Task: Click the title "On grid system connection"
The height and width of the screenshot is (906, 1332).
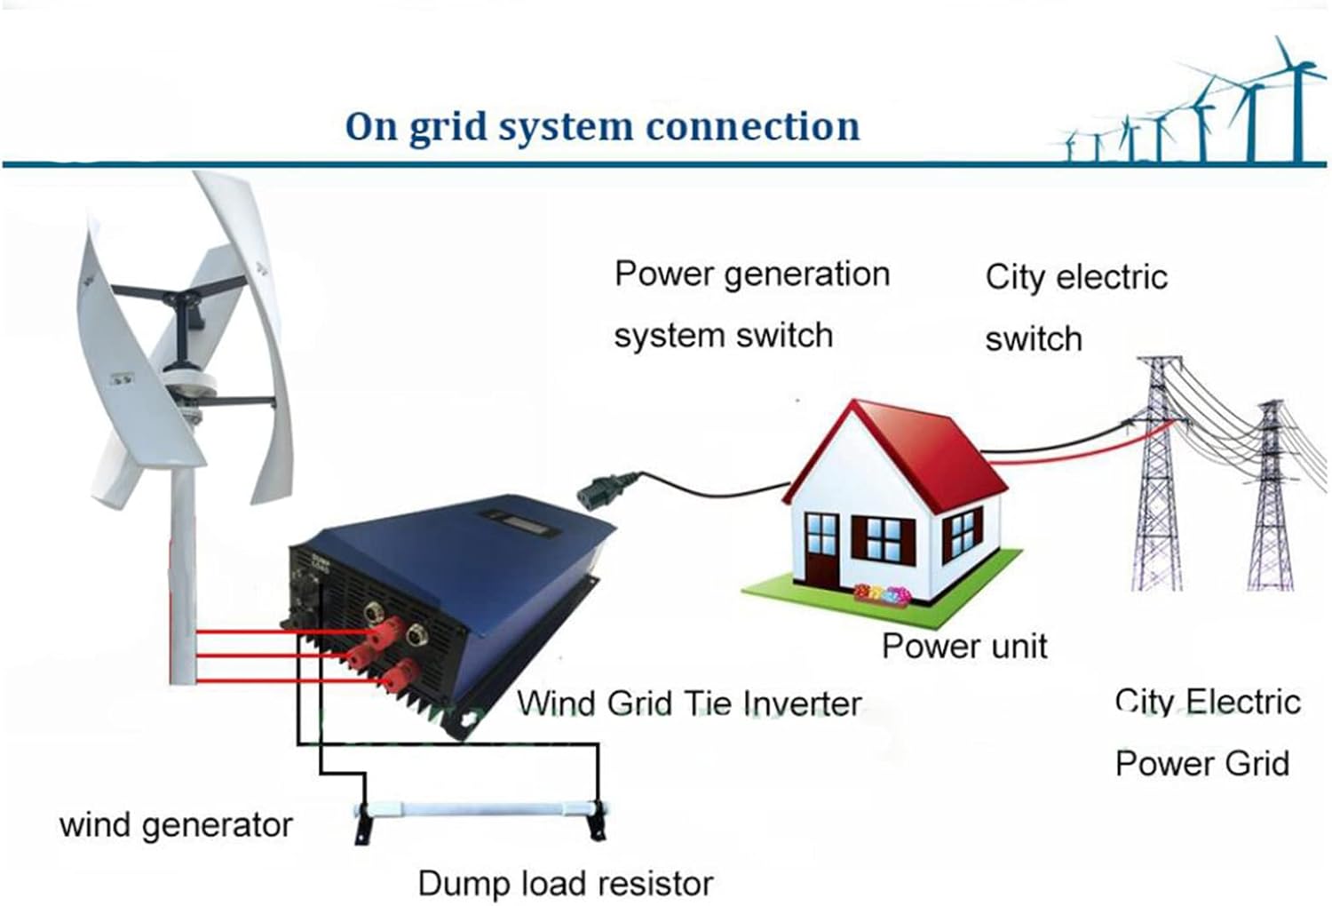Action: click(x=602, y=126)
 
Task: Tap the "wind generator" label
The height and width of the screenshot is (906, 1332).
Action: click(x=176, y=825)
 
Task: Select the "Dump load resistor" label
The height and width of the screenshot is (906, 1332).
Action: click(x=565, y=884)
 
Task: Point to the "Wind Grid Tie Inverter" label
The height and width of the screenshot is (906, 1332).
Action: click(x=689, y=703)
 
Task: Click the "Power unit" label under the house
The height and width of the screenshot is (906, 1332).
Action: click(x=964, y=646)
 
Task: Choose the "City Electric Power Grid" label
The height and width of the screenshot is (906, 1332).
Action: click(x=1206, y=733)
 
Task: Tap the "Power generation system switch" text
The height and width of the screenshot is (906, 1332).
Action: click(x=750, y=305)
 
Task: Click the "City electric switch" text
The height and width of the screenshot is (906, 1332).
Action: click(x=1075, y=307)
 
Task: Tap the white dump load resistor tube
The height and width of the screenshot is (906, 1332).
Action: click(x=480, y=809)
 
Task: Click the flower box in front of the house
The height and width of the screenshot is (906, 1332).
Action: click(x=881, y=594)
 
